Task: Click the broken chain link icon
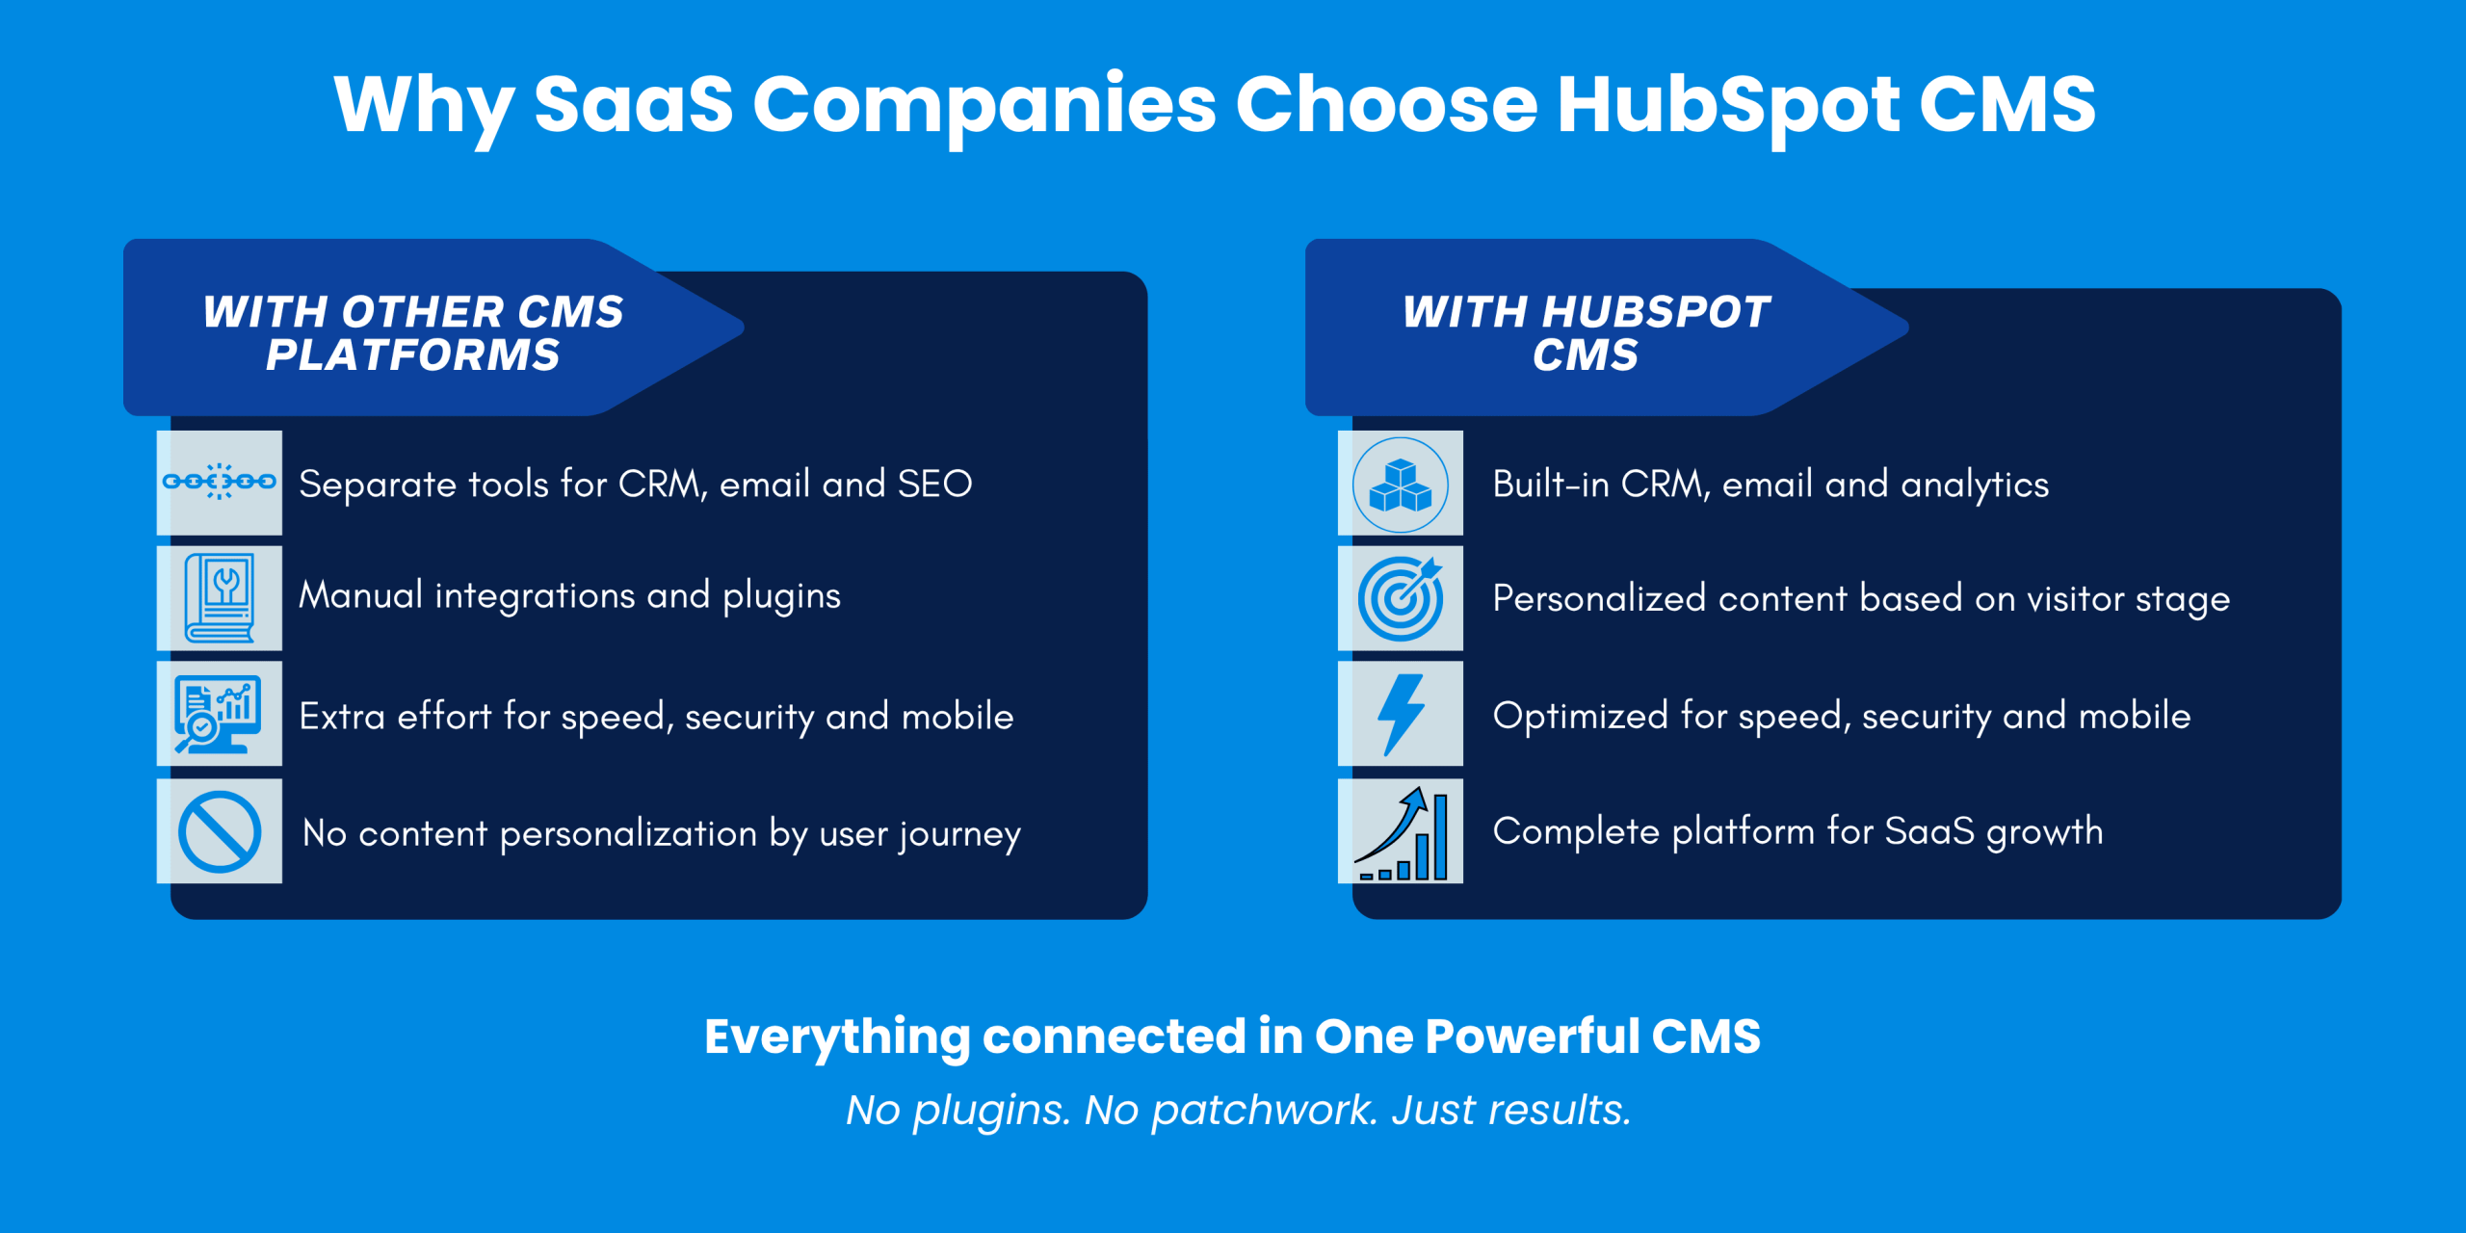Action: (220, 482)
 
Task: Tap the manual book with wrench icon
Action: (220, 598)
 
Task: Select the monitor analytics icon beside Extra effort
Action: (219, 714)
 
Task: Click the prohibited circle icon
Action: (220, 831)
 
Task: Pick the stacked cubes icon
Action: (1401, 484)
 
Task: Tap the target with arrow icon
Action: (1401, 598)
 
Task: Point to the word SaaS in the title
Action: (634, 104)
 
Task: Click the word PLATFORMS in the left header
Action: (413, 354)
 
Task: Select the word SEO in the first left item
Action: (934, 484)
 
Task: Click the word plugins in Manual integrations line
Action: (781, 597)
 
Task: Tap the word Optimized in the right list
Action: (1580, 717)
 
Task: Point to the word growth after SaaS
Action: (2045, 833)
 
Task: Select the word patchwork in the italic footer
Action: (1264, 1111)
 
